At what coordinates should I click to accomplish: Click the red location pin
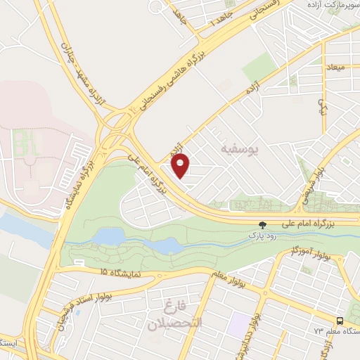(181, 165)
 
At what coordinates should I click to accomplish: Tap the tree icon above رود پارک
(262, 225)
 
